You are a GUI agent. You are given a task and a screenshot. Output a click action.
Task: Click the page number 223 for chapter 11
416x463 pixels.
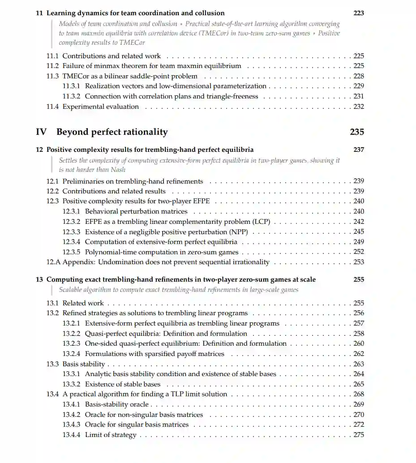358,13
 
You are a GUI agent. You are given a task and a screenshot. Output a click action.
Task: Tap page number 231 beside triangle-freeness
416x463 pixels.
358,96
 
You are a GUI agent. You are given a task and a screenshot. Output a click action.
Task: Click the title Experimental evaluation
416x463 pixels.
101,107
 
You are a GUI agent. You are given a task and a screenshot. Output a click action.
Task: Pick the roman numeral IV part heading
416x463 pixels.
41,132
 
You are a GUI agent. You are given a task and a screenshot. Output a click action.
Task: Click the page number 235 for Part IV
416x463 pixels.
356,132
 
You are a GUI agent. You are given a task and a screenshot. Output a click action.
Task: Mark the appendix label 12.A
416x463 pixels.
53,262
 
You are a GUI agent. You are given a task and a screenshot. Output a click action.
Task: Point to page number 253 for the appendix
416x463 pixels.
358,262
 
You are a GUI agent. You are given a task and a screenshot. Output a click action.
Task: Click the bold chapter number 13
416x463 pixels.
39,279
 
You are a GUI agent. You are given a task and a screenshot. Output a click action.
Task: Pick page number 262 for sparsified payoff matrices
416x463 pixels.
358,354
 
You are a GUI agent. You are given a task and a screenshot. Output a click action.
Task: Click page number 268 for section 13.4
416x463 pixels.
358,394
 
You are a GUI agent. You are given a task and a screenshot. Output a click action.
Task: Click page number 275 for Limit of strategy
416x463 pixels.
358,435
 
